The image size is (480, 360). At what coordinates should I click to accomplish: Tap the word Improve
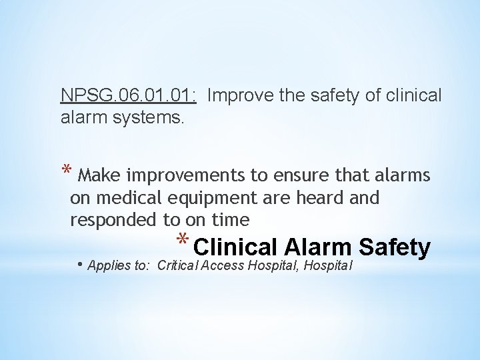[237, 95]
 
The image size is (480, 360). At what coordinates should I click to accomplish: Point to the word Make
[99, 175]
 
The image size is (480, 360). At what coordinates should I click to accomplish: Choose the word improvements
[186, 175]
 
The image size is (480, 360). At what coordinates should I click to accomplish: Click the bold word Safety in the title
[394, 247]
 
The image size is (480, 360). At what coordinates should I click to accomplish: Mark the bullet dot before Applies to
[80, 265]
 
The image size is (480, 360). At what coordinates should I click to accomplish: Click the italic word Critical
[177, 266]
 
